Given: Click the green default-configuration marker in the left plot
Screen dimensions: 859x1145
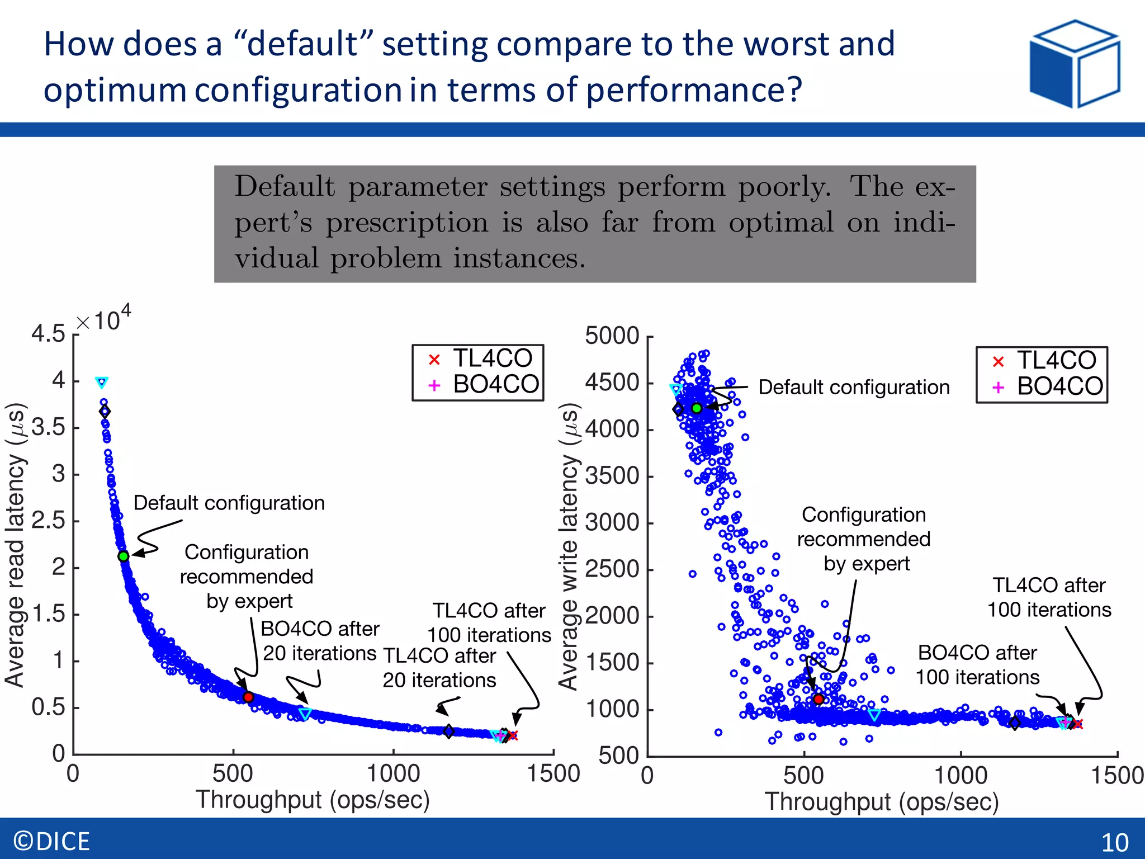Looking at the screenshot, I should tap(124, 556).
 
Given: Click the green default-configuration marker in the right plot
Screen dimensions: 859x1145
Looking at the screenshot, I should tap(697, 408).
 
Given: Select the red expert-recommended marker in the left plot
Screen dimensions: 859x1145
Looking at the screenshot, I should tap(248, 697).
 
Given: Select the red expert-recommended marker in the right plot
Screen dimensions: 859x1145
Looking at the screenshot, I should tap(818, 699).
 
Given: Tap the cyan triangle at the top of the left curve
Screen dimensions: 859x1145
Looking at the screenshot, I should tap(101, 383).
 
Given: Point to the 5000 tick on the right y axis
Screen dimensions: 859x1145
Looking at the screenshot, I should tap(612, 336).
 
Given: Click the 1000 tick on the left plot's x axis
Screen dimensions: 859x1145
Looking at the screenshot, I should tap(393, 774).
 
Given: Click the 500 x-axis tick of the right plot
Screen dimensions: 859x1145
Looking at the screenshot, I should tap(803, 776).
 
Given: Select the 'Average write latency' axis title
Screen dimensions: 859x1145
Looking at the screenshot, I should tap(569, 546).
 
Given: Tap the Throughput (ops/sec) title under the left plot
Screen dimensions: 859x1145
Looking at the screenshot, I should tap(313, 800).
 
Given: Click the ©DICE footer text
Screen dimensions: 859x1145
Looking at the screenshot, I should tap(51, 841).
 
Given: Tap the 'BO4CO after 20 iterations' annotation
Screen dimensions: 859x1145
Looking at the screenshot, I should tap(320, 641).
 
